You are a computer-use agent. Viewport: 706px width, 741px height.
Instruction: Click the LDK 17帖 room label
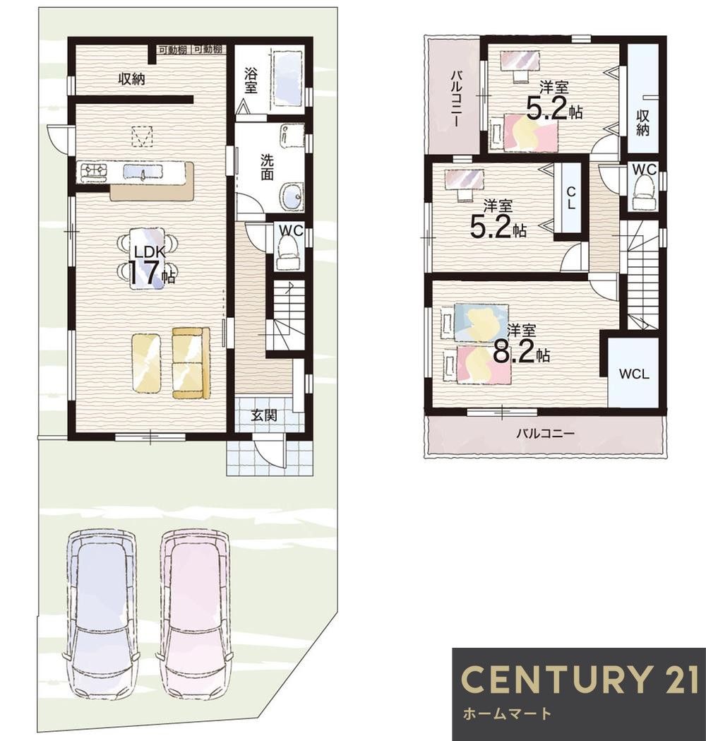146,266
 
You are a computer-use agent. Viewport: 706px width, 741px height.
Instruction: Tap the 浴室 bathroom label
251,81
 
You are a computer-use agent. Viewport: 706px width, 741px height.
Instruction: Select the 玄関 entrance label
263,416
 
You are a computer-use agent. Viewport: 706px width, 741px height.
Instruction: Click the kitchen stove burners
94,172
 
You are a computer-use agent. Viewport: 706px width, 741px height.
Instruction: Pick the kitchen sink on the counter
142,172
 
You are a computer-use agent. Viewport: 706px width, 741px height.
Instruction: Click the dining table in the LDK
147,258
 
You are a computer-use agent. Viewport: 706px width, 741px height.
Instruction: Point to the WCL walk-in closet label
634,374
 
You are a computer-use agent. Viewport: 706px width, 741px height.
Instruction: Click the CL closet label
571,198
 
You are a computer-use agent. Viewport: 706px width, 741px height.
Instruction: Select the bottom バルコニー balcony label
545,433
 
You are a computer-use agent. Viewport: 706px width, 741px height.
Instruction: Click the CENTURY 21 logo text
580,679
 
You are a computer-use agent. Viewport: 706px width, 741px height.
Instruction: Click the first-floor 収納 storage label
131,79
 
